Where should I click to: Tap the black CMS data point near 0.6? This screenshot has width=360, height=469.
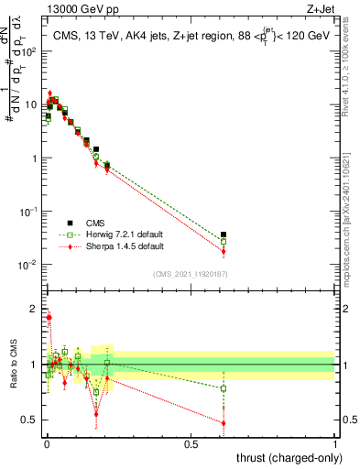click(x=224, y=234)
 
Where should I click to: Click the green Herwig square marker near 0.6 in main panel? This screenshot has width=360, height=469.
click(x=224, y=242)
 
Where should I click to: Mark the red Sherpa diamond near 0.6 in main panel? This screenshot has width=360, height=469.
click(x=224, y=251)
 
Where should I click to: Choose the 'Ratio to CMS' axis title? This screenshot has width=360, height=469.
click(x=12, y=364)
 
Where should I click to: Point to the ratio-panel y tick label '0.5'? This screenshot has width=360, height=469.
click(x=31, y=420)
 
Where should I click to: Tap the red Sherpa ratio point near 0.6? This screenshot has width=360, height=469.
click(x=224, y=423)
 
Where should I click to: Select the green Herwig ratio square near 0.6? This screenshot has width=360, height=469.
click(x=224, y=388)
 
